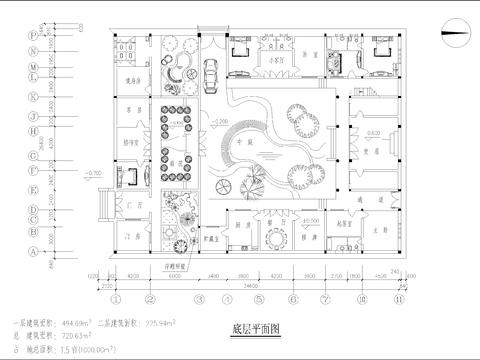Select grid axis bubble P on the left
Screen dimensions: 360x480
coord(35,33)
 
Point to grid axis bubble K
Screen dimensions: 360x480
coord(35,98)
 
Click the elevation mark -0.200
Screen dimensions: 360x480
coord(222,122)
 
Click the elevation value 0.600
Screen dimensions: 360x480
coord(371,133)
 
